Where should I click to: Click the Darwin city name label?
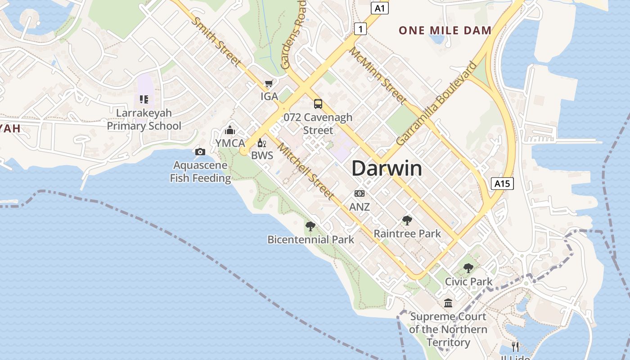pyautogui.click(x=387, y=168)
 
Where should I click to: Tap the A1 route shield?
pyautogui.click(x=380, y=8)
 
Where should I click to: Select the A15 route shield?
pyautogui.click(x=502, y=183)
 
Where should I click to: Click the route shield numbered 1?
pyautogui.click(x=360, y=29)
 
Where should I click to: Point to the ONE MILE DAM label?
pyautogui.click(x=445, y=31)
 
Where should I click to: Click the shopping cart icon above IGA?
pyautogui.click(x=269, y=83)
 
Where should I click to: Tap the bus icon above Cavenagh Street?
pyautogui.click(x=318, y=104)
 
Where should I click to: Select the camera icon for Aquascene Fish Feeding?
pyautogui.click(x=200, y=152)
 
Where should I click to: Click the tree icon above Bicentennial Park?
pyautogui.click(x=310, y=226)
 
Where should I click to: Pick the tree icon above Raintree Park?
pyautogui.click(x=407, y=220)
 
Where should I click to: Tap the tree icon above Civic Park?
pyautogui.click(x=468, y=268)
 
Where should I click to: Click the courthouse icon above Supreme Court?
pyautogui.click(x=448, y=303)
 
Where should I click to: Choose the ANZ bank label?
pyautogui.click(x=360, y=207)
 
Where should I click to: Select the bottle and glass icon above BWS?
pyautogui.click(x=262, y=144)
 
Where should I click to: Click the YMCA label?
pyautogui.click(x=230, y=143)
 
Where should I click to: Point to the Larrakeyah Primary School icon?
pyautogui.click(x=144, y=99)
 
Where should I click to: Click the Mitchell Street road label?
pyautogui.click(x=306, y=171)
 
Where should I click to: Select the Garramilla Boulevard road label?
pyautogui.click(x=437, y=103)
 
